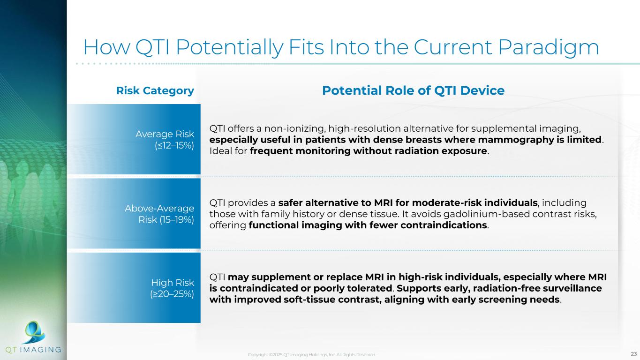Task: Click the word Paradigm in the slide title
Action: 549,48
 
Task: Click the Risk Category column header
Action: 155,91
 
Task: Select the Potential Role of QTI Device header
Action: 413,90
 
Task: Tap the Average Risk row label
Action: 165,134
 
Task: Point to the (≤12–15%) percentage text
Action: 174,145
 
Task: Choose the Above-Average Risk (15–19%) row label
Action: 159,214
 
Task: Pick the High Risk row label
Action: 173,283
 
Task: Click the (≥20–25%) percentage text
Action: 172,294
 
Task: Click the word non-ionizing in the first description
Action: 295,128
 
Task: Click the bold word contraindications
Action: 444,225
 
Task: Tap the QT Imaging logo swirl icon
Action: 35,332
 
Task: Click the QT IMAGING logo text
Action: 33,350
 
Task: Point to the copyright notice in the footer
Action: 312,354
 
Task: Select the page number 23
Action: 634,354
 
